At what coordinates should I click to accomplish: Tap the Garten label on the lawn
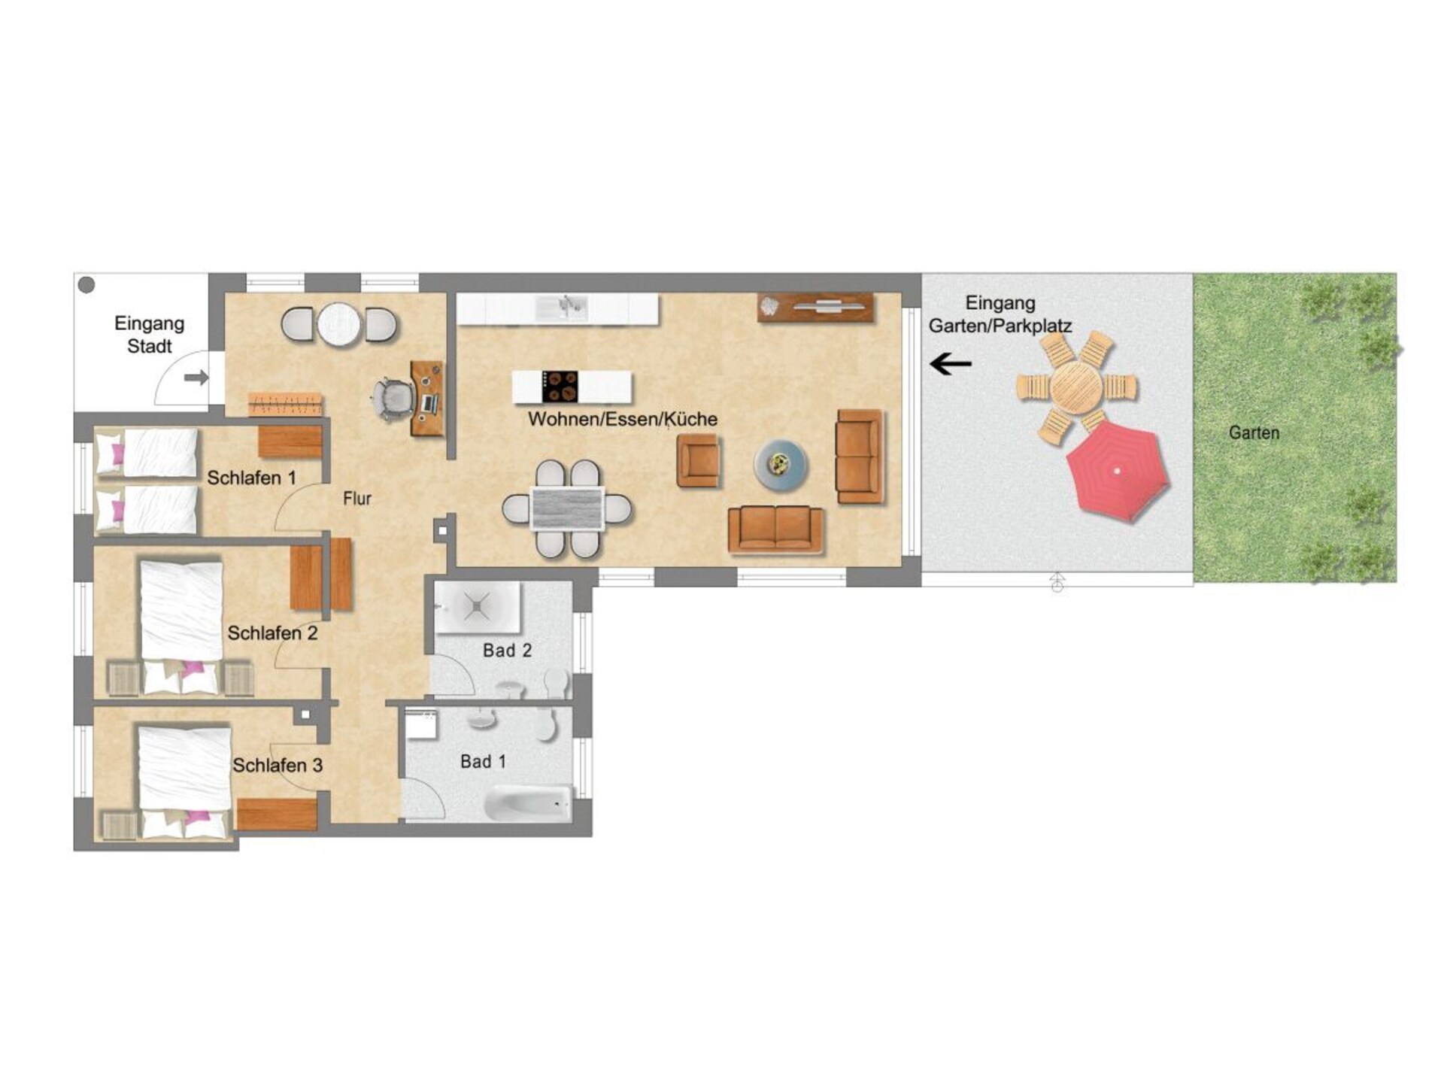1254,432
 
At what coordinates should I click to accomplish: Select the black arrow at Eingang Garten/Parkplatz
951,364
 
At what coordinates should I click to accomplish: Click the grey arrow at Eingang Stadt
196,378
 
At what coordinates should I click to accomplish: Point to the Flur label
357,498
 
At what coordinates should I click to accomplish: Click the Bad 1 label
483,762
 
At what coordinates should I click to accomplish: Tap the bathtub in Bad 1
527,803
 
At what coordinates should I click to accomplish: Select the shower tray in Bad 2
478,606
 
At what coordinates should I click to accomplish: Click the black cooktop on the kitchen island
560,387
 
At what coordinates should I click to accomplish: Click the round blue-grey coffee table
781,465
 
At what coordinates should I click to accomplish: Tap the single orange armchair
698,460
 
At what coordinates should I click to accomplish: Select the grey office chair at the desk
393,399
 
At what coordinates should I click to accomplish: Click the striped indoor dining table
568,509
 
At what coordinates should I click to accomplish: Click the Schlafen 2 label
272,633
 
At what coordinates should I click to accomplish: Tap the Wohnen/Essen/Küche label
623,419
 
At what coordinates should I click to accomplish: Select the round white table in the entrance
340,325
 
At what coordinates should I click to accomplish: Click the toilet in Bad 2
556,682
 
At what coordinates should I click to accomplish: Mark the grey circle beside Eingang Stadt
87,285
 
